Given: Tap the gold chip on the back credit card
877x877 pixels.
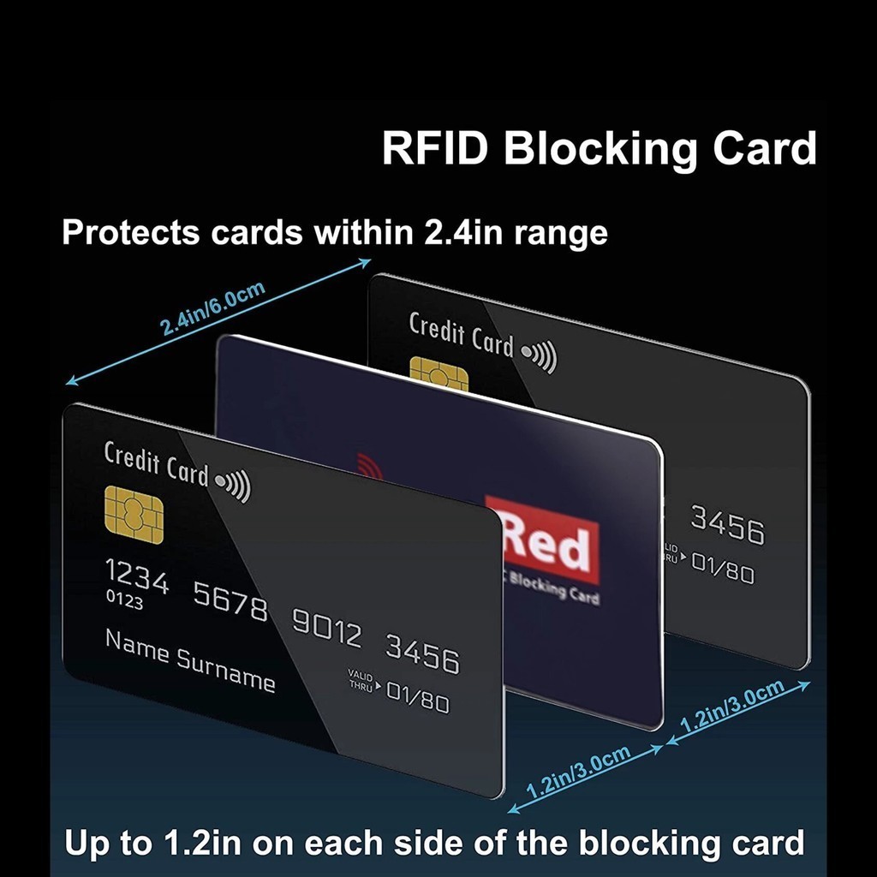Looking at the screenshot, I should pos(438,374).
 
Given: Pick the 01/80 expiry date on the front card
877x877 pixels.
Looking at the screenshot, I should pos(417,696).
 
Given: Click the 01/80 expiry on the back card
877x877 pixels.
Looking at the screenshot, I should pos(723,567).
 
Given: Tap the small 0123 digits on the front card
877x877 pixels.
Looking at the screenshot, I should pos(124,600).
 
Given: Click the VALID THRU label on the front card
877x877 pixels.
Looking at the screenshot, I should pos(361,682).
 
